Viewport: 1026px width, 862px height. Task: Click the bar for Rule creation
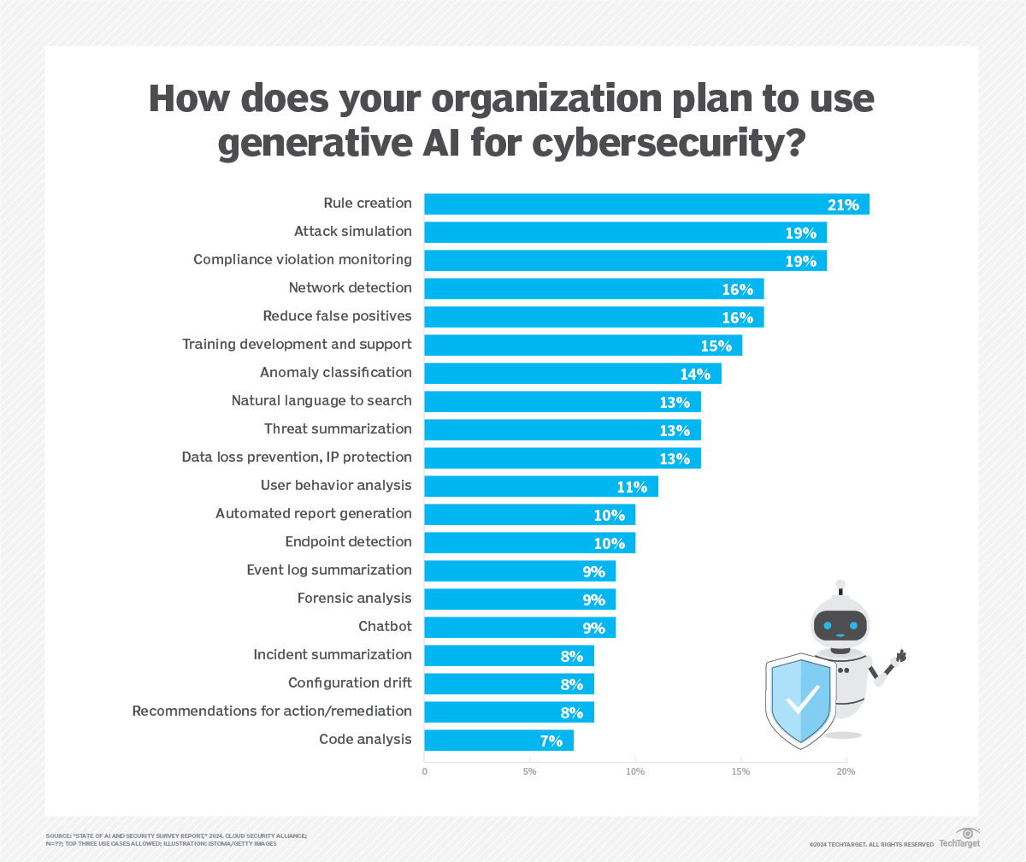click(x=646, y=204)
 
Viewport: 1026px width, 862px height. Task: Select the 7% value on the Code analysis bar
click(x=551, y=741)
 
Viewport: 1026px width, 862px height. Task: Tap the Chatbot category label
click(x=385, y=627)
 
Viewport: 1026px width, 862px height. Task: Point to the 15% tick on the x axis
click(x=740, y=772)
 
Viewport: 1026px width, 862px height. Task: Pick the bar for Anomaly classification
click(x=572, y=373)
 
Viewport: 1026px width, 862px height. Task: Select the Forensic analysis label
click(x=354, y=599)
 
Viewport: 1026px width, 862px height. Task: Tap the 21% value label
click(x=843, y=204)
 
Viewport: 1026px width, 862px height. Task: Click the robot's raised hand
click(x=899, y=657)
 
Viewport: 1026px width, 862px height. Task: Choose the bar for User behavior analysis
click(x=540, y=486)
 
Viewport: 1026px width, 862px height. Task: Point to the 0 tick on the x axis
click(x=425, y=772)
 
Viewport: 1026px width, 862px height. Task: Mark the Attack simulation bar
click(x=625, y=232)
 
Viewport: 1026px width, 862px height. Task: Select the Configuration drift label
click(x=350, y=683)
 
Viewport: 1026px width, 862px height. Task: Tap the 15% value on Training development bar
click(x=716, y=345)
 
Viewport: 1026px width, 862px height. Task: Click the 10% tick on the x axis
click(x=635, y=772)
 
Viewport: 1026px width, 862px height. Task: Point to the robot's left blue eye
click(x=826, y=624)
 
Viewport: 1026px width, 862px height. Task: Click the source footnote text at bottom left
click(x=176, y=839)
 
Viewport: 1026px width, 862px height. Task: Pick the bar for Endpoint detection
click(x=529, y=542)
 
